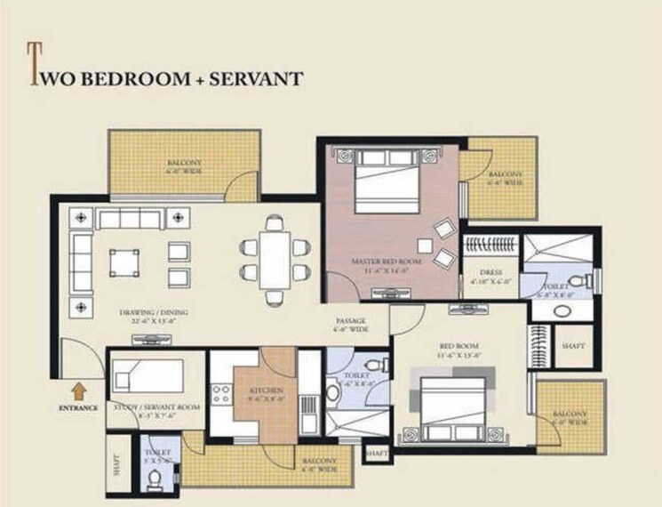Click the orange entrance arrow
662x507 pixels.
[x=79, y=389]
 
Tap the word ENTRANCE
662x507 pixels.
[x=78, y=408]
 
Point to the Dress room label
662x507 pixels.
[x=491, y=272]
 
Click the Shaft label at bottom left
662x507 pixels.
[x=116, y=464]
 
